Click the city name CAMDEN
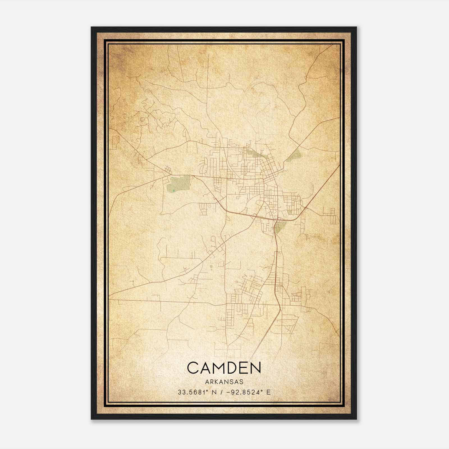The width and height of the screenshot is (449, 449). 224,368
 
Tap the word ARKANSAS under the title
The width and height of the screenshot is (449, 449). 224,382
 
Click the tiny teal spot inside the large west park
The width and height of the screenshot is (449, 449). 173,191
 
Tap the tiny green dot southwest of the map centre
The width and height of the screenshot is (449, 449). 211,266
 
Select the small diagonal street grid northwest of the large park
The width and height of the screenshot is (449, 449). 168,170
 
